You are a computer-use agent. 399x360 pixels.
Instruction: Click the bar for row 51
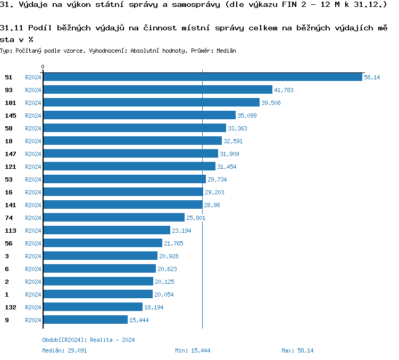203,77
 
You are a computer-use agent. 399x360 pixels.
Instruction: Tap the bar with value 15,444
85,320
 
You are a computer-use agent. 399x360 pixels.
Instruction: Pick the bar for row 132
93,307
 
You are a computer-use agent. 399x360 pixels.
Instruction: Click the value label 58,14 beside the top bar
372,77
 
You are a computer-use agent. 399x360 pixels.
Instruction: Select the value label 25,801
195,218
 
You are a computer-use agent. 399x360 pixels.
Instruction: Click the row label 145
10,116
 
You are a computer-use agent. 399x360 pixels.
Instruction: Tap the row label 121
10,167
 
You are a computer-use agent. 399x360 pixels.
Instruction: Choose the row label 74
9,218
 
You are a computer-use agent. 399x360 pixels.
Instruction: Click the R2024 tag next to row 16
33,192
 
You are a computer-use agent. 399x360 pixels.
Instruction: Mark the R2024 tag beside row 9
33,320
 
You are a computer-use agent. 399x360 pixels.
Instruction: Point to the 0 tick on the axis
43,67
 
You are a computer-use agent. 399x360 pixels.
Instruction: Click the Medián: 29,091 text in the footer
64,350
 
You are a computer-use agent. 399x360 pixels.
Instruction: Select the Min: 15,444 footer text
193,350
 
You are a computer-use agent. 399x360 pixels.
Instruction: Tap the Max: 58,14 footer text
297,350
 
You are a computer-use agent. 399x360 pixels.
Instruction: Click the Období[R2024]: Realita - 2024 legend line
88,340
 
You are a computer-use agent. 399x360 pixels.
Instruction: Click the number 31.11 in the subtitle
11,27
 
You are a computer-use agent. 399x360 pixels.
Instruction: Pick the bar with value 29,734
124,179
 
